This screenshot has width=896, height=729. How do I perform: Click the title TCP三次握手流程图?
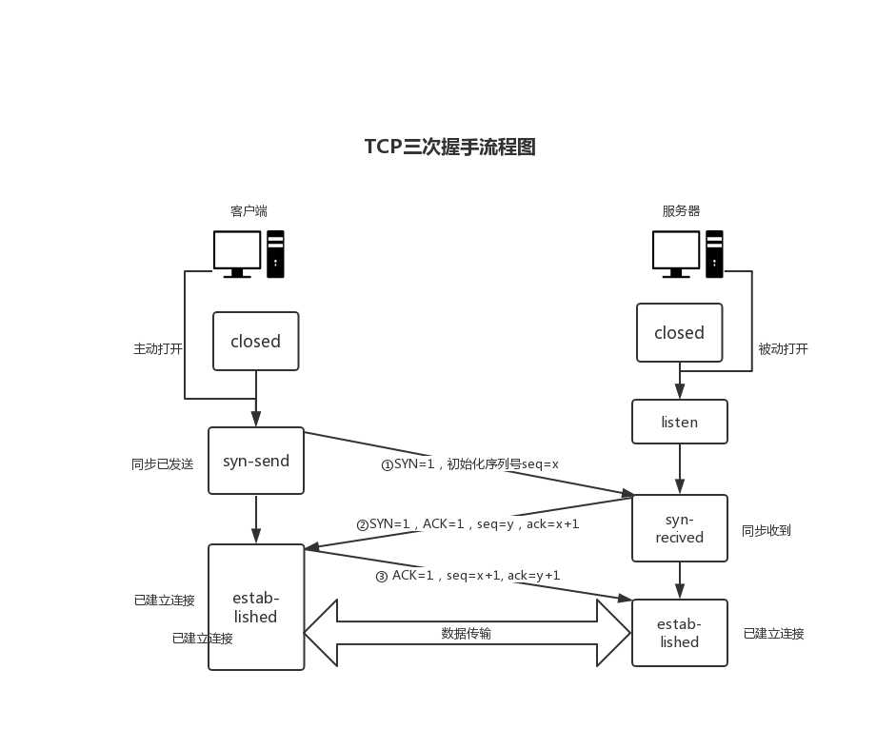point(449,147)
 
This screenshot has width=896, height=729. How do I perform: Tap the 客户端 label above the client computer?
point(249,210)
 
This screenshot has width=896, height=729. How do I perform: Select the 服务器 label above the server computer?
point(681,210)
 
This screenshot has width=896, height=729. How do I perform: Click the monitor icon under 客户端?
point(237,253)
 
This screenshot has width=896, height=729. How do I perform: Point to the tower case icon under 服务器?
point(714,253)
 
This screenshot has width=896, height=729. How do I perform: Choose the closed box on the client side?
point(255,341)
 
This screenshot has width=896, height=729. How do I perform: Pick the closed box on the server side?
point(679,332)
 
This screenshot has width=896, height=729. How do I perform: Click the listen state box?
point(679,422)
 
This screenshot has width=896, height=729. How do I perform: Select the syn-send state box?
point(256,461)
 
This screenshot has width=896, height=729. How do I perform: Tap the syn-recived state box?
point(679,528)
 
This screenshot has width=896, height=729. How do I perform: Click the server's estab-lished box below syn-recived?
point(679,633)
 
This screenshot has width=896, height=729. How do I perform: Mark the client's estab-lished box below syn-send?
point(256,607)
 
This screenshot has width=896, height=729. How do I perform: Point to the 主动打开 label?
point(158,348)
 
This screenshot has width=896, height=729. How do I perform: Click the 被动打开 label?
point(783,348)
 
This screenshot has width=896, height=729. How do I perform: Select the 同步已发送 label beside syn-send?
point(162,464)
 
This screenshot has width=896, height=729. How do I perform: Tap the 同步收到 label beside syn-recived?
point(766,530)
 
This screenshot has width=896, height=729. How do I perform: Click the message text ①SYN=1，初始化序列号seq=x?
point(469,464)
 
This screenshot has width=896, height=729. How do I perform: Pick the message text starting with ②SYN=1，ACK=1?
point(468,524)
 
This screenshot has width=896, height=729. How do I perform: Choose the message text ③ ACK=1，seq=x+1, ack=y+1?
point(468,576)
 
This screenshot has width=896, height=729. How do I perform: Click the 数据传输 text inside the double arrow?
point(467,633)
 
